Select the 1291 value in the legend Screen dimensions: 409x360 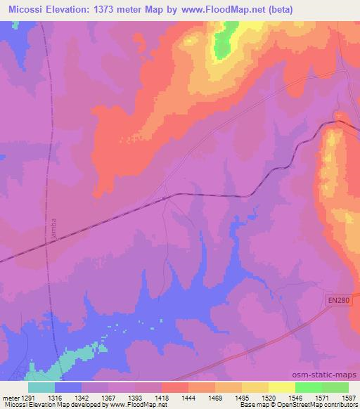pyautogui.click(x=27, y=397)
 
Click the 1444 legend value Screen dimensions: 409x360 pyautogui.click(x=188, y=397)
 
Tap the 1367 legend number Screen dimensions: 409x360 pyautogui.click(x=108, y=397)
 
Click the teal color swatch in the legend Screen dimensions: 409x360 pyautogui.click(x=41, y=387)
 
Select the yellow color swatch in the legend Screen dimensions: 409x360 pyautogui.click(x=281, y=387)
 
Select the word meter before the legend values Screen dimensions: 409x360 pyautogui.click(x=10, y=397)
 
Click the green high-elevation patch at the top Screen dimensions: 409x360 pyautogui.click(x=224, y=42)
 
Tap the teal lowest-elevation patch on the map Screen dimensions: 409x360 pyautogui.click(x=70, y=361)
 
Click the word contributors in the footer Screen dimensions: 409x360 pyautogui.click(x=342, y=405)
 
